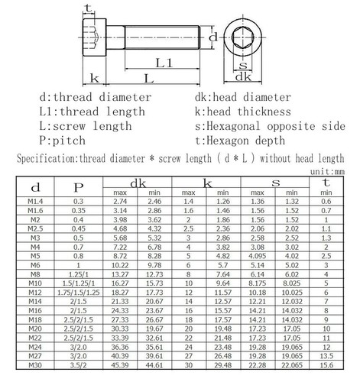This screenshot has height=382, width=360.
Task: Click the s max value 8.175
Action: click(x=277, y=283)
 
